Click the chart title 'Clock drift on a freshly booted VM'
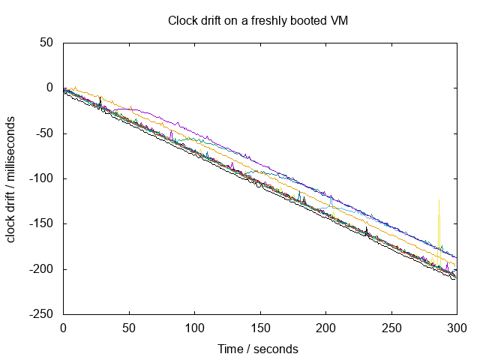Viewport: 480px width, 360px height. click(257, 21)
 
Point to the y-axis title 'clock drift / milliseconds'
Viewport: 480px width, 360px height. click(12, 178)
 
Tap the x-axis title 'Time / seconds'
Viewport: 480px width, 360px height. click(257, 349)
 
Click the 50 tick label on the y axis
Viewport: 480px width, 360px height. click(46, 43)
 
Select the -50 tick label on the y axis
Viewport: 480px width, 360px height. click(43, 133)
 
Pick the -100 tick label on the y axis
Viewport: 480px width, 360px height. click(40, 178)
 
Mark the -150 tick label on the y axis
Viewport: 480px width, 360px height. click(40, 223)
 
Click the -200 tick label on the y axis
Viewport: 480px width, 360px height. click(40, 269)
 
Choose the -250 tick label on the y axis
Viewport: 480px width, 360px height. click(40, 314)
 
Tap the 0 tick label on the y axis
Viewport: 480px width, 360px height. click(49, 88)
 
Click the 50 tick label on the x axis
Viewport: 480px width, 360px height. click(129, 328)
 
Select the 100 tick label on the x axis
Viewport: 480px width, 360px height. click(194, 328)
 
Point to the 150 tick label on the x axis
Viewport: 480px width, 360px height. click(260, 328)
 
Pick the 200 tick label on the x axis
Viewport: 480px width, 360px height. click(325, 328)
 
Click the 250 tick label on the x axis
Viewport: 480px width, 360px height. click(391, 328)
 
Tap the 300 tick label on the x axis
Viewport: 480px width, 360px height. click(457, 328)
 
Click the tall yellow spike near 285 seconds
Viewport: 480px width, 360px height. click(439, 225)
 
